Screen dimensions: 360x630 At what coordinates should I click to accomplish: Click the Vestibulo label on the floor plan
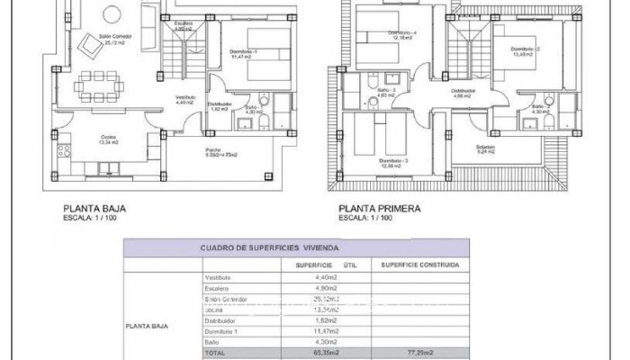(x=184, y=97)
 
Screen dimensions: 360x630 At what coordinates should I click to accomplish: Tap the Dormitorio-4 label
(x=404, y=33)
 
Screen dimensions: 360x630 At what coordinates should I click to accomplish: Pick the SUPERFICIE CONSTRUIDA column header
(x=419, y=265)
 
